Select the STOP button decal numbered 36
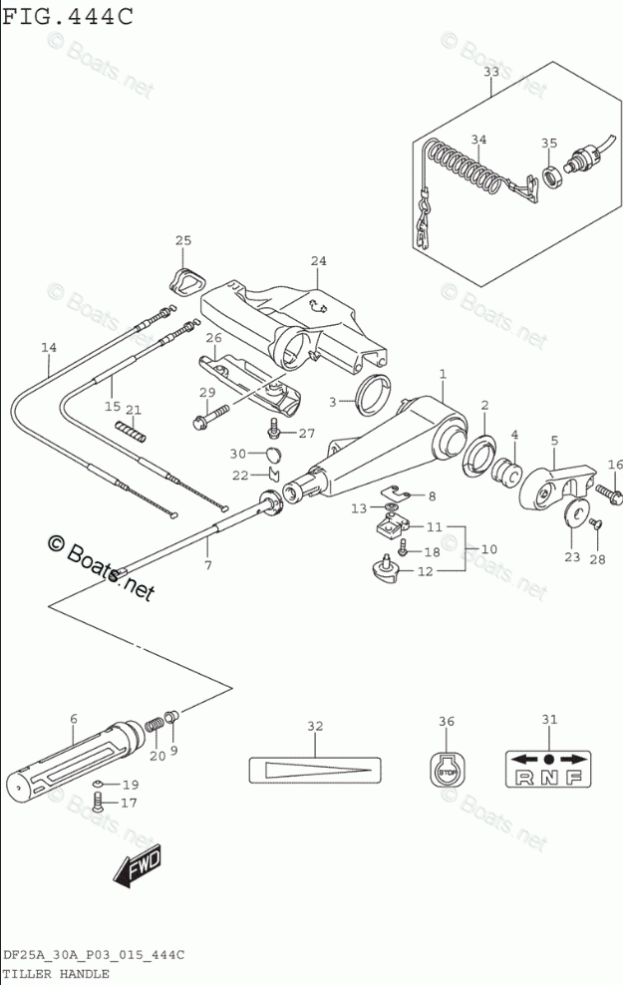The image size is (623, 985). click(447, 770)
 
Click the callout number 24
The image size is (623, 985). click(317, 261)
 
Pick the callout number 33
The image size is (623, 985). click(491, 72)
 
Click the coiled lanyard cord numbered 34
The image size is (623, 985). click(464, 168)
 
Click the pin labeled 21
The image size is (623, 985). click(133, 432)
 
